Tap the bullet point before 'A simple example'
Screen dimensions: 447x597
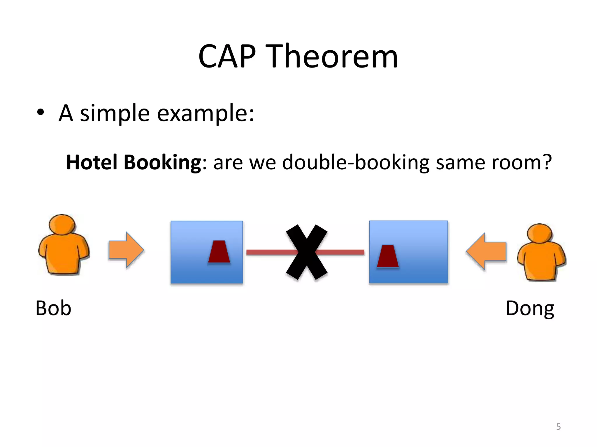[x=41, y=113]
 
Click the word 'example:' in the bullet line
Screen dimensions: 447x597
[x=206, y=113]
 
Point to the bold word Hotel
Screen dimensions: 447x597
[x=92, y=162]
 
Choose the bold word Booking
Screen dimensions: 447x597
[x=162, y=163]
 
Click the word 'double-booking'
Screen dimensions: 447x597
[x=356, y=163]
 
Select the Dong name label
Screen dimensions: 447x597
[x=530, y=308]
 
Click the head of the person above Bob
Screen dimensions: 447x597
[x=62, y=224]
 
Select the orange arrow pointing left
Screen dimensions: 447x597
[x=486, y=251]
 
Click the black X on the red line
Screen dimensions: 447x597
[x=307, y=252]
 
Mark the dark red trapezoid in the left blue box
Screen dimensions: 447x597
[x=219, y=252]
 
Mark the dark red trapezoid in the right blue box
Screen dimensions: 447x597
[x=388, y=256]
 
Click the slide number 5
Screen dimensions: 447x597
[x=558, y=427]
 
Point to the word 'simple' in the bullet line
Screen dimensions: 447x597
[x=115, y=113]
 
